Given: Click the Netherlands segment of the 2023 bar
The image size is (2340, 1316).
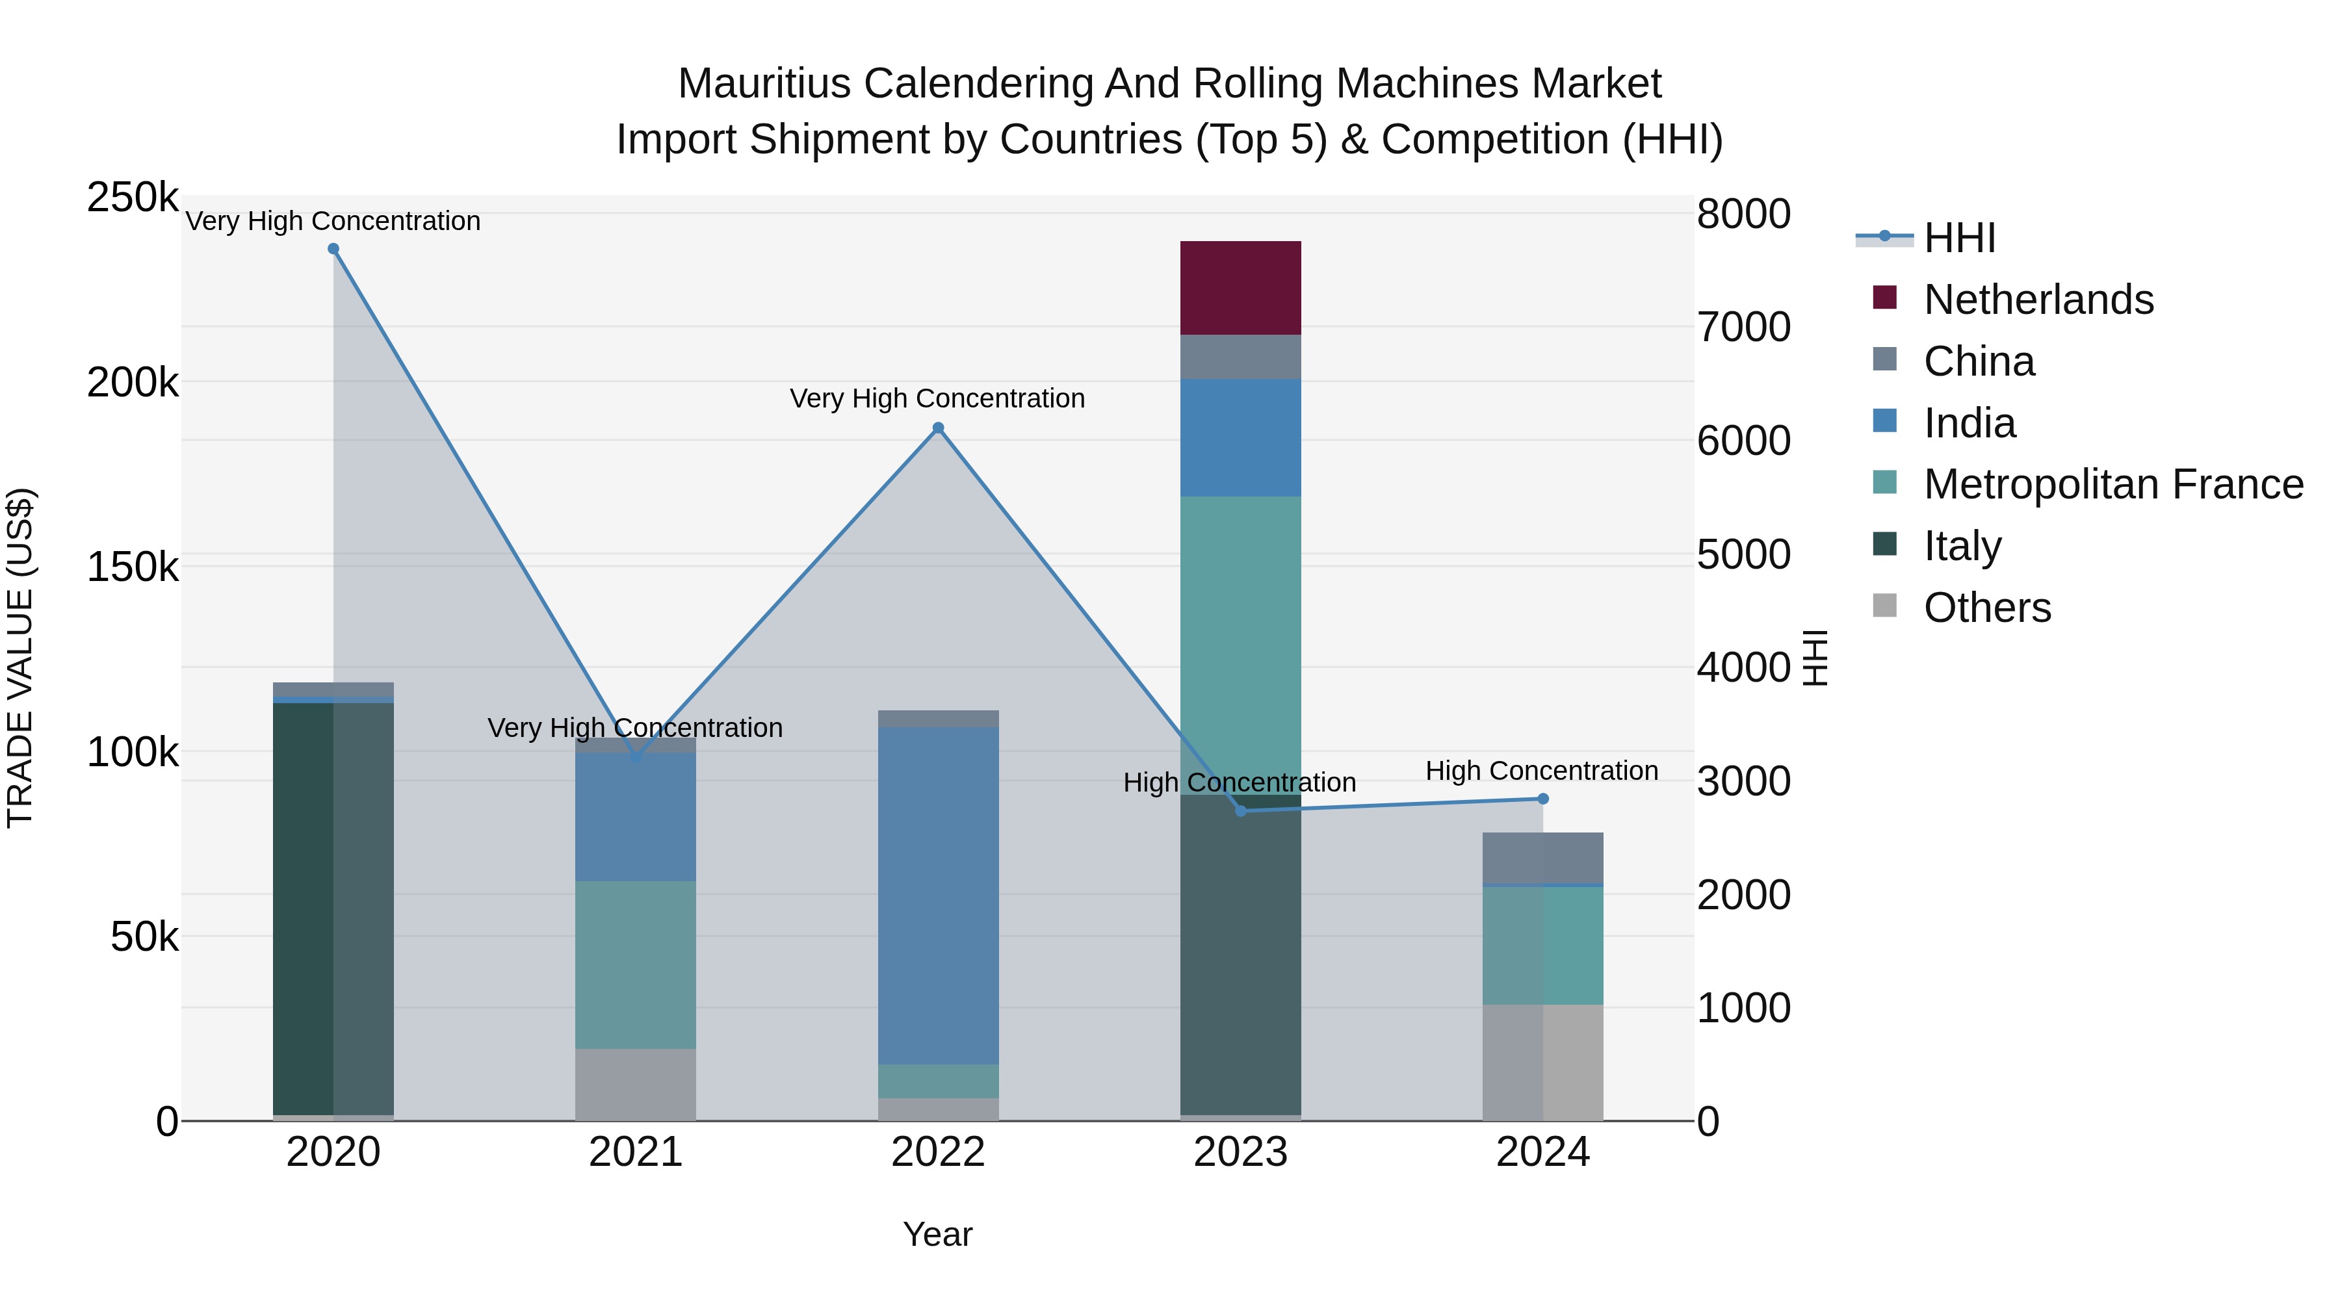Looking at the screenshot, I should tap(1240, 288).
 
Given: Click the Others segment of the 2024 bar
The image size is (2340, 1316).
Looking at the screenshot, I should tap(1542, 1062).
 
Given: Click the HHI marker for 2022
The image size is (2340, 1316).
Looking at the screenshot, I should tap(939, 428).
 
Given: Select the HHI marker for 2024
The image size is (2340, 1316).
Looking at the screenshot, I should tap(1542, 798).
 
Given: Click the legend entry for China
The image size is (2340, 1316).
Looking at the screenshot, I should tap(1979, 361).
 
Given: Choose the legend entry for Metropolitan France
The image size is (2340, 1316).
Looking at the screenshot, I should tap(2113, 484).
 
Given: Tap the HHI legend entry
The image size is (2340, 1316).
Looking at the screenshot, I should tap(1959, 238).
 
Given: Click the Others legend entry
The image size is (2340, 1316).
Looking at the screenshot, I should tap(1986, 608).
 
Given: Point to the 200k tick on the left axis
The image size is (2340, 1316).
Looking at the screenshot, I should tap(133, 382).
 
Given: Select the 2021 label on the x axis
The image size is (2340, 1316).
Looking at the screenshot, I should tap(635, 1152).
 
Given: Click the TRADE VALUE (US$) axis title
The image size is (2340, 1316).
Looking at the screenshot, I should tap(20, 658).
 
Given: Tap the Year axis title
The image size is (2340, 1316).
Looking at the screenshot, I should tap(937, 1234).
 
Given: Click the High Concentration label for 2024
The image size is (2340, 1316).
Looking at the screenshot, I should tap(1542, 770).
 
